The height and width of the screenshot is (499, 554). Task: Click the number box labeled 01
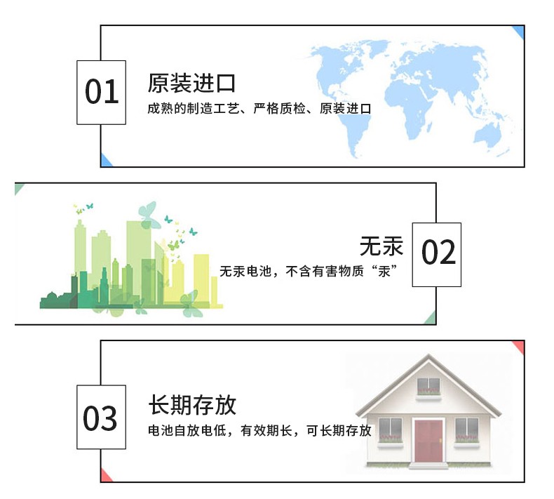[x=101, y=93]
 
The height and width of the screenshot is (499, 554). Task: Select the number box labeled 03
[x=101, y=418]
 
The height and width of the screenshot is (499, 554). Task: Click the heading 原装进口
[x=191, y=84]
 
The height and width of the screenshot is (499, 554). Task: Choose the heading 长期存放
[x=191, y=406]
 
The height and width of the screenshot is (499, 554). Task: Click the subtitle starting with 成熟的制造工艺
[x=259, y=109]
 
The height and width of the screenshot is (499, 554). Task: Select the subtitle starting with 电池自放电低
[x=259, y=430]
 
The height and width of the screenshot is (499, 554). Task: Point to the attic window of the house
[x=428, y=385]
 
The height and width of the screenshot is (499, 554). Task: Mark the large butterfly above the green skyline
[x=148, y=214]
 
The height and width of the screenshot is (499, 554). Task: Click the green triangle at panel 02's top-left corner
[x=20, y=188]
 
